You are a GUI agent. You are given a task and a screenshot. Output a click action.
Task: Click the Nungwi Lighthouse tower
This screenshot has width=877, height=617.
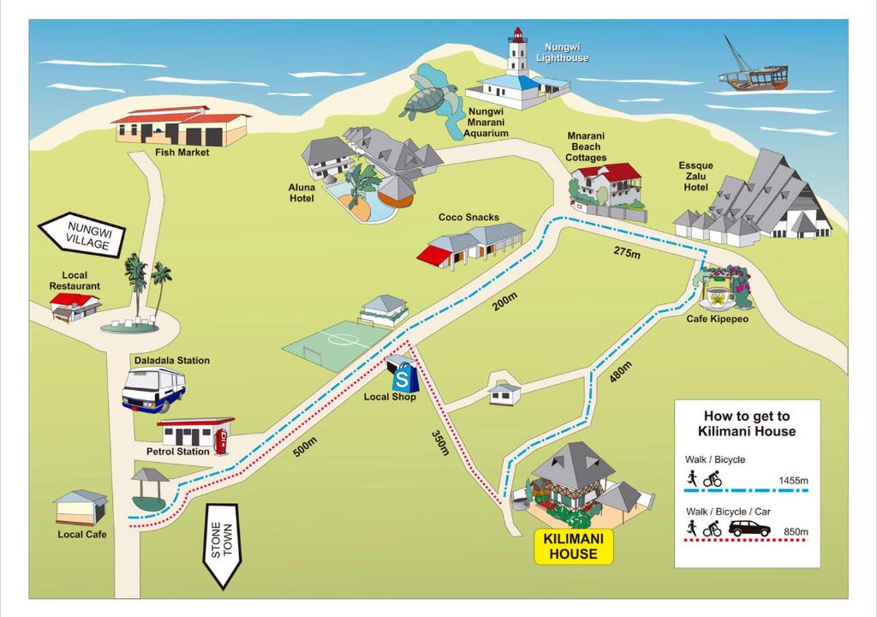(x=517, y=52)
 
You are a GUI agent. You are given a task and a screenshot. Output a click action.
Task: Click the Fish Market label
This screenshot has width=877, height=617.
(x=182, y=153)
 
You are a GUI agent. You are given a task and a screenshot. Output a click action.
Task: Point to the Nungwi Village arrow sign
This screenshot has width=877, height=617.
(x=82, y=235)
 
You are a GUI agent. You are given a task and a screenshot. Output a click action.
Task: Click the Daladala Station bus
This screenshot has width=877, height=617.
(x=154, y=390)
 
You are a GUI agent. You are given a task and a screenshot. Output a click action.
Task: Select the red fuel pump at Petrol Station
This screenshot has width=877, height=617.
(x=222, y=441)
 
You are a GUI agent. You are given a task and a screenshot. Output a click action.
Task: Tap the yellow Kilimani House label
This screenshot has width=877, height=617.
(x=574, y=546)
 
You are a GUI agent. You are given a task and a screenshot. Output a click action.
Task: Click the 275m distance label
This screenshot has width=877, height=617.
(x=627, y=252)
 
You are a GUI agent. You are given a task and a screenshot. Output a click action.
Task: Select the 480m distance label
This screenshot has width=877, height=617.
(x=620, y=372)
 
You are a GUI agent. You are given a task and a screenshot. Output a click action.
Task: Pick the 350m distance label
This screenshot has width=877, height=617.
(x=440, y=442)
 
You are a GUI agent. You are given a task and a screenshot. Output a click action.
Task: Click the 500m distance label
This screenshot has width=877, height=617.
(x=305, y=446)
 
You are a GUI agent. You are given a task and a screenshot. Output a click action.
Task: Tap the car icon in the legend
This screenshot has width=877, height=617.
(x=749, y=528)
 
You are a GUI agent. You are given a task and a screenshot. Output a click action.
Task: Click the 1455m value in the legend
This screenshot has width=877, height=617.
(x=793, y=481)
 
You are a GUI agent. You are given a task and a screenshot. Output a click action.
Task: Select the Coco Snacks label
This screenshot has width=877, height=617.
(x=468, y=218)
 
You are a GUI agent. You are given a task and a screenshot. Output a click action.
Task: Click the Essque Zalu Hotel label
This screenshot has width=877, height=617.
(x=695, y=177)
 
